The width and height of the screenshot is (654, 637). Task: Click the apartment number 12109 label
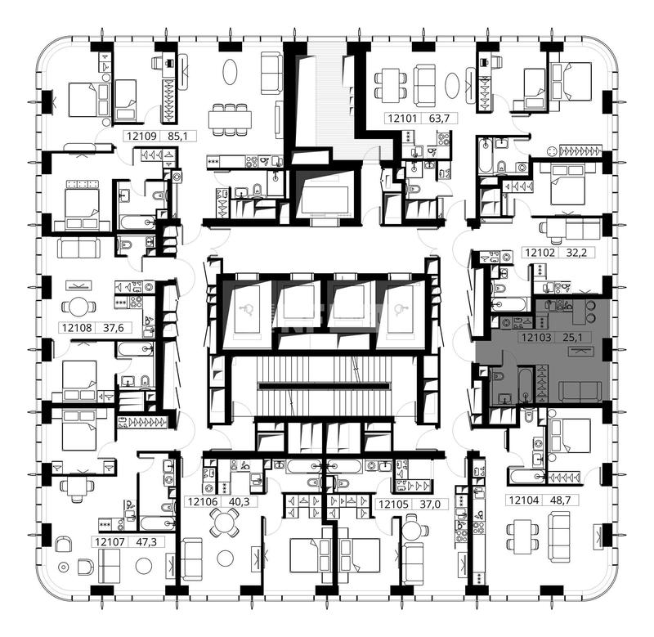(x=141, y=136)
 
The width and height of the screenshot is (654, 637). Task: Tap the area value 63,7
(x=439, y=119)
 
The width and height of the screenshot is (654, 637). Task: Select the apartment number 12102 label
(x=540, y=253)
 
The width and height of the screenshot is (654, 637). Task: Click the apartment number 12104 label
(x=523, y=500)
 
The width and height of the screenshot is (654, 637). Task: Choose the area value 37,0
(x=430, y=505)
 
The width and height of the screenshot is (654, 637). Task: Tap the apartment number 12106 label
(x=203, y=501)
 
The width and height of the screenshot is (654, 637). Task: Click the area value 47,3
(x=146, y=542)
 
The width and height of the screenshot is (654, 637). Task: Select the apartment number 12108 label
(x=77, y=328)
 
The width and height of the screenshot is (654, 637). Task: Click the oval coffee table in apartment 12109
(x=231, y=72)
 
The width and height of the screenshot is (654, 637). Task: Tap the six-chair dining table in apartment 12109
(x=230, y=119)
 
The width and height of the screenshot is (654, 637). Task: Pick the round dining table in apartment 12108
(x=78, y=307)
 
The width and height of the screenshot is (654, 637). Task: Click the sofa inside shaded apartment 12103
(x=580, y=392)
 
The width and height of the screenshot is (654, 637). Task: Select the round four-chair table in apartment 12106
(x=225, y=523)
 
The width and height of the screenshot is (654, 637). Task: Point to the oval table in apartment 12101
(x=452, y=86)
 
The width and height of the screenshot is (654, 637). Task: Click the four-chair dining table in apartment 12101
(x=391, y=87)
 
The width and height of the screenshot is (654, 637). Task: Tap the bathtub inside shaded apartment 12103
(x=525, y=384)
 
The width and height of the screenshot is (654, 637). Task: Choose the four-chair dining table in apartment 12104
(x=522, y=536)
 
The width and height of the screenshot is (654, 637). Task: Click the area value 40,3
(x=240, y=501)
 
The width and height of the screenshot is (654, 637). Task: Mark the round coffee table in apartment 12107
(x=144, y=566)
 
